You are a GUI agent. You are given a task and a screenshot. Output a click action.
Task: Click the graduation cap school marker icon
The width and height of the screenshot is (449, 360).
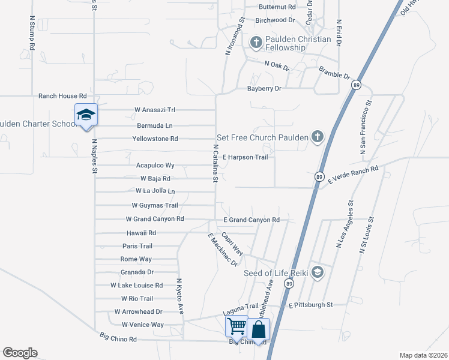click(x=86, y=115)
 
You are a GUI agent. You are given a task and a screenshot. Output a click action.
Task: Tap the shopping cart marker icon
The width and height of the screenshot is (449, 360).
click(x=237, y=326)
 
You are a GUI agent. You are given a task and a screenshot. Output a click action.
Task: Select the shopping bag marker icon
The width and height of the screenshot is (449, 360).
click(x=259, y=329)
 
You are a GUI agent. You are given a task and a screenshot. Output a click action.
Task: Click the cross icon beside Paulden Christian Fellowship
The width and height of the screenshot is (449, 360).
click(x=256, y=43)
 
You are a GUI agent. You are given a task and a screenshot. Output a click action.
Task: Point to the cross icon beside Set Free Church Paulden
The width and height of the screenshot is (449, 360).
click(x=317, y=137)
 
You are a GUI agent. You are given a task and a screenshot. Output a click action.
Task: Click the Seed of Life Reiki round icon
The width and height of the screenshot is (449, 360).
click(x=318, y=273)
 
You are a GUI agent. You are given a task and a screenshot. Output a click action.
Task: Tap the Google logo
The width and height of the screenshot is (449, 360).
click(x=20, y=353)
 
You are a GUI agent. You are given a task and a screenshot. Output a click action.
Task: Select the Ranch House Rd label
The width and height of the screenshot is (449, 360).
click(x=62, y=96)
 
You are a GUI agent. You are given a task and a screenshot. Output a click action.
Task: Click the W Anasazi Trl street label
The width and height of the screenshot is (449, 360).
click(x=154, y=110)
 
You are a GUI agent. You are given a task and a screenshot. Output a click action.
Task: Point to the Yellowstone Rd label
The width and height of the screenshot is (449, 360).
click(x=155, y=139)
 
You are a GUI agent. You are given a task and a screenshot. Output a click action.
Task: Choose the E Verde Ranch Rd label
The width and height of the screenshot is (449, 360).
click(x=353, y=173)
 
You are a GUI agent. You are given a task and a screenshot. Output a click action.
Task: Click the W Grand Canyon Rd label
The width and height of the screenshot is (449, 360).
click(x=154, y=220)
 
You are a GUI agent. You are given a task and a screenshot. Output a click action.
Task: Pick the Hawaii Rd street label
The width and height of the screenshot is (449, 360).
click(x=141, y=233)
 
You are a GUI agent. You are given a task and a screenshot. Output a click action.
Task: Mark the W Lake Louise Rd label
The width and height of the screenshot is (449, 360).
click(x=136, y=286)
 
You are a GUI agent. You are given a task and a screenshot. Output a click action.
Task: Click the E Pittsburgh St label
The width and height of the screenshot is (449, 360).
click(x=310, y=305)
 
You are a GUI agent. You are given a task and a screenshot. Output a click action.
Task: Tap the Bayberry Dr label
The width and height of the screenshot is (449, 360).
click(x=264, y=89)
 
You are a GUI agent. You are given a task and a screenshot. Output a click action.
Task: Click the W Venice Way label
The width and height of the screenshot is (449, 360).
click(x=142, y=325)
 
